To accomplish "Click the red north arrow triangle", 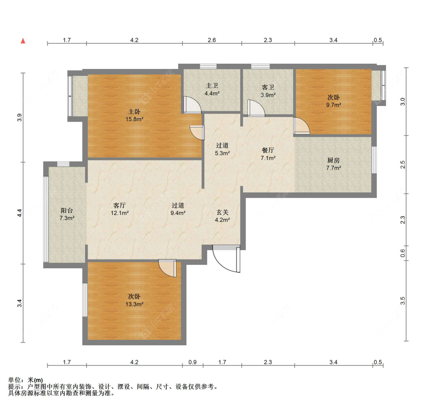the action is (x=23, y=41).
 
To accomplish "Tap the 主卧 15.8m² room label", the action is (x=134, y=115).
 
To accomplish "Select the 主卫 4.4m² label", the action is (x=212, y=90).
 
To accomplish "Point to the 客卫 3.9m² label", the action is (x=268, y=91).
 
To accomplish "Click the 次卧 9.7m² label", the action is (x=334, y=101).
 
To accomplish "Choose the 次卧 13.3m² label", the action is (x=134, y=300).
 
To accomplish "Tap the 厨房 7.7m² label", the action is (x=334, y=164).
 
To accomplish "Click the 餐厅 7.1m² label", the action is (x=268, y=154).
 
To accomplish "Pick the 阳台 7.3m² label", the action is (x=67, y=214).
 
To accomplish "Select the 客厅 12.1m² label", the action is (x=120, y=209).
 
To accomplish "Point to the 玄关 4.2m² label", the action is (x=222, y=216).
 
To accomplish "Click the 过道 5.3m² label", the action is (x=222, y=149).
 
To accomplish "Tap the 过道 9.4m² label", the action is (x=178, y=209).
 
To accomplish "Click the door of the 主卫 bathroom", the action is (x=192, y=104).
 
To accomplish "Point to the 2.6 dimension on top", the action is (x=212, y=40).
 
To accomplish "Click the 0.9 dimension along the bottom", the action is (x=193, y=362).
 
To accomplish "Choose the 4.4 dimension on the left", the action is (x=19, y=213).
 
